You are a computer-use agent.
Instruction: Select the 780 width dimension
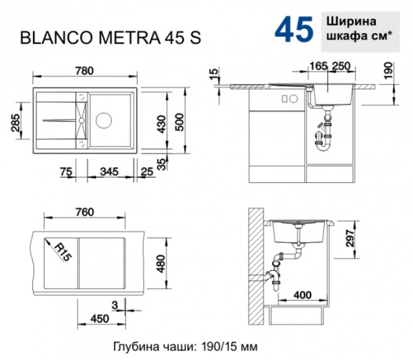click(86, 71)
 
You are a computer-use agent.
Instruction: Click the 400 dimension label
click(301, 295)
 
